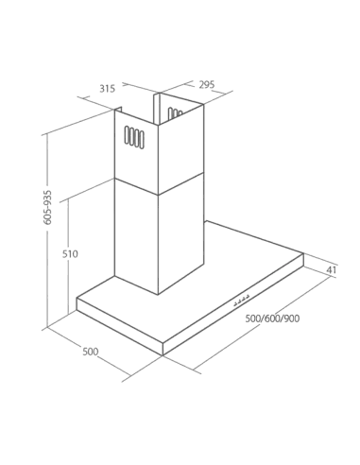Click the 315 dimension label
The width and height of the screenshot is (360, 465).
(x=108, y=89)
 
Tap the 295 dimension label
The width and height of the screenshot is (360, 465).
(x=207, y=84)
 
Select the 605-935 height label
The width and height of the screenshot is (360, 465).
(x=48, y=207)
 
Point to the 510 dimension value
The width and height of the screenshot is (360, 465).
(x=70, y=253)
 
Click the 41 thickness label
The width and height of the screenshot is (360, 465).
(x=331, y=270)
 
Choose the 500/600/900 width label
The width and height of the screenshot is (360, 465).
(x=272, y=319)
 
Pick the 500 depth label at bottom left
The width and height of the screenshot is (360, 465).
(x=91, y=352)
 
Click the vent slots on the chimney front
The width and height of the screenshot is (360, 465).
(x=134, y=137)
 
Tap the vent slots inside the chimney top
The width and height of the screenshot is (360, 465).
(x=175, y=113)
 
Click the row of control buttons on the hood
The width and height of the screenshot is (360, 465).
(x=242, y=301)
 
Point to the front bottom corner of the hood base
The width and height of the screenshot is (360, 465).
(x=163, y=355)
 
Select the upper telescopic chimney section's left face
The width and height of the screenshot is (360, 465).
(x=136, y=151)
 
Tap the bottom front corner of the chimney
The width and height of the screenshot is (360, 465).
(x=158, y=295)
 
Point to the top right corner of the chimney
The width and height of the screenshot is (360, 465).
(x=203, y=105)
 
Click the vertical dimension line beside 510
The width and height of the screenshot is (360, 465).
(x=68, y=257)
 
